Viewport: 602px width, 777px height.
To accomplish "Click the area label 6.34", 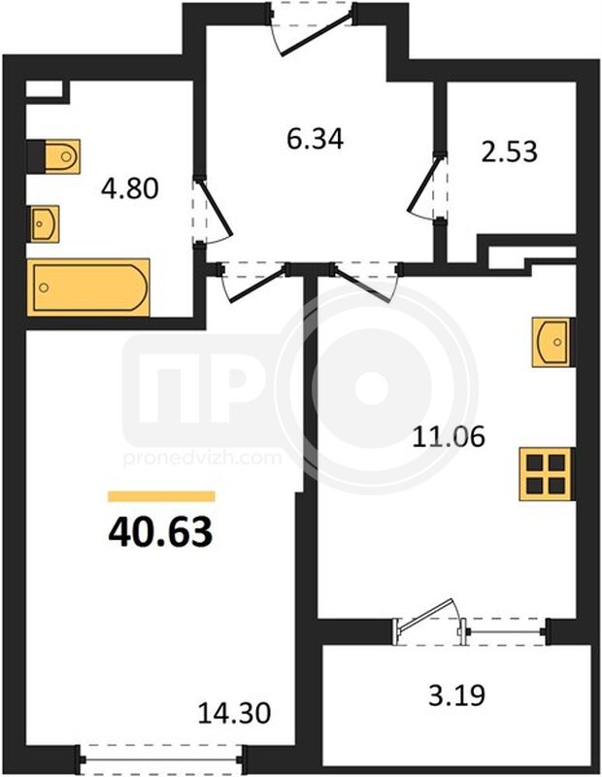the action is pos(316,139).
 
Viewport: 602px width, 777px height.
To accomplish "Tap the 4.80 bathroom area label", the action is pos(130,188).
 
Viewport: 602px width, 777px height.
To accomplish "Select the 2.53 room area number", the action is pos(510,152).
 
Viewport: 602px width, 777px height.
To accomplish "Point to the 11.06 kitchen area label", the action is pos(449,437).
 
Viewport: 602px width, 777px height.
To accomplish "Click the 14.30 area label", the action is pos(234,714).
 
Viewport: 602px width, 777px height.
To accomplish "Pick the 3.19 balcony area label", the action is pos(456,694).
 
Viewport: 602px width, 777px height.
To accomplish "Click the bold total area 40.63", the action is pos(160,531).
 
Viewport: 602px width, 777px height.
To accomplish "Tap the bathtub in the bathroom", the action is pos(88,287).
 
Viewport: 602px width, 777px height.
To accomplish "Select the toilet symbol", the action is pos(54,156).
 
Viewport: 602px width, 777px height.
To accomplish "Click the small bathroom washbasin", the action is pos(43,224).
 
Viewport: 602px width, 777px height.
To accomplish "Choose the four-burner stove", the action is pos(547,473).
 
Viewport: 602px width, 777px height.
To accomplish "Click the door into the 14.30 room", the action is pos(253,282).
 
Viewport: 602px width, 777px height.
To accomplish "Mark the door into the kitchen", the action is pos(366,282).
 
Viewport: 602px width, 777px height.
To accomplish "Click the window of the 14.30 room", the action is pos(160,759).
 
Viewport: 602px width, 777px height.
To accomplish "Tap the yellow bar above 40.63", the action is pos(161,496).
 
